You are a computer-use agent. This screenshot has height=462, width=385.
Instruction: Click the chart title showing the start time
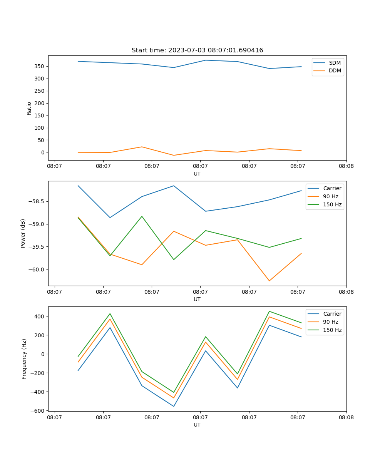coord(197,50)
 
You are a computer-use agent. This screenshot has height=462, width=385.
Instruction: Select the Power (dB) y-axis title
coord(23,233)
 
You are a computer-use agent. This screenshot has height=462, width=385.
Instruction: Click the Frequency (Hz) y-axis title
coord(24,359)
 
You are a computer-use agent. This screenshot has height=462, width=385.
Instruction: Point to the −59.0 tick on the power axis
coord(37,224)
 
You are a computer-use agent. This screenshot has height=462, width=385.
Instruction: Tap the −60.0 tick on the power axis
coord(37,269)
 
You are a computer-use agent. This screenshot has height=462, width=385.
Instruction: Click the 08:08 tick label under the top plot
coord(346,166)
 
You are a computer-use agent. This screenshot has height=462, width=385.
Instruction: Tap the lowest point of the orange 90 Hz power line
coord(269,281)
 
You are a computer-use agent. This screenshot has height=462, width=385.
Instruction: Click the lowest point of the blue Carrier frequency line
coord(174,406)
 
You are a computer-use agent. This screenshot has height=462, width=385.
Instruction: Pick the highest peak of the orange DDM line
coord(142,147)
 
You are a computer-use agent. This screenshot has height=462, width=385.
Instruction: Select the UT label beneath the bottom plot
coord(197,425)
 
